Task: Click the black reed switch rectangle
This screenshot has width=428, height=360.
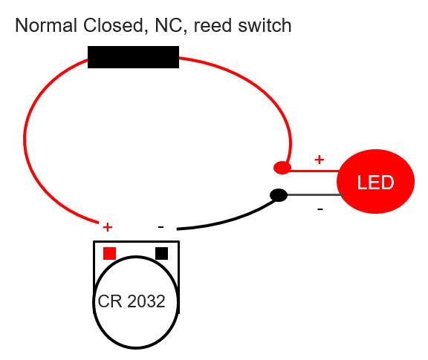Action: click(x=133, y=57)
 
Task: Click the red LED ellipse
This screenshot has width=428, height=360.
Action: click(x=375, y=182)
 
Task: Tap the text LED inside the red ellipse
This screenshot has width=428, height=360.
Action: click(x=375, y=183)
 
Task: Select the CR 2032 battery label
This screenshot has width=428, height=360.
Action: click(x=132, y=302)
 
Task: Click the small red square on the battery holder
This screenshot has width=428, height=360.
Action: click(x=109, y=253)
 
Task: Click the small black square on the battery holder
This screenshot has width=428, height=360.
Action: click(x=161, y=253)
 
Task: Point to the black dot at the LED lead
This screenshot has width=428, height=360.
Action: click(x=279, y=195)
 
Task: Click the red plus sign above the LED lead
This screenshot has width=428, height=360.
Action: click(x=320, y=159)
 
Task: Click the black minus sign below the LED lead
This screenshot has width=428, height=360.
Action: click(x=320, y=210)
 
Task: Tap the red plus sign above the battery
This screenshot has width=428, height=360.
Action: click(x=107, y=226)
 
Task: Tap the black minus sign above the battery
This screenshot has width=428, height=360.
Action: click(x=160, y=226)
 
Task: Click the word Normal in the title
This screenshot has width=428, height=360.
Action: click(x=44, y=26)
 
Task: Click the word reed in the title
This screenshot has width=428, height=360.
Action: click(x=211, y=26)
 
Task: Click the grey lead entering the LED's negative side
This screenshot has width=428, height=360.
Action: click(x=312, y=195)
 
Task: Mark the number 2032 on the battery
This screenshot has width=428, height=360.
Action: click(x=146, y=302)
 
